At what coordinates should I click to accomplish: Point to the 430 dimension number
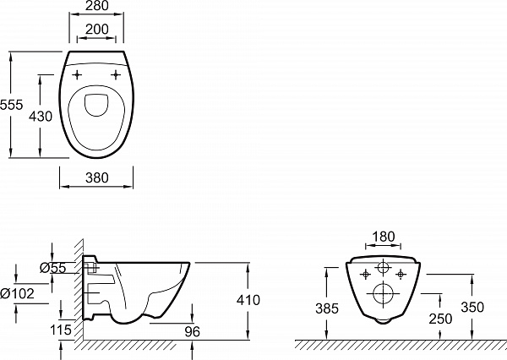pos(41,116)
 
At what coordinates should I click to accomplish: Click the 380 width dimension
pos(95,178)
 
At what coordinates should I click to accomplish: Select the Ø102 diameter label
pos(18,292)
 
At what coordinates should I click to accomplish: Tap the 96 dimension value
pos(192,331)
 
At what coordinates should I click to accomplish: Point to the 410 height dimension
pos(248,300)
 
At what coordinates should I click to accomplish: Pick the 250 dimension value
pos(441,319)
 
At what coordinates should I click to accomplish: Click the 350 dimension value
pos(472,307)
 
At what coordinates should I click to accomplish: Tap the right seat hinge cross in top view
pos(114,75)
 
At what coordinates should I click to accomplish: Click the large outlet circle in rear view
pos(383,294)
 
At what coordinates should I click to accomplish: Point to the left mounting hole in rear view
pos(365,274)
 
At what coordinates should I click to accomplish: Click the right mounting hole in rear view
pos(401,274)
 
